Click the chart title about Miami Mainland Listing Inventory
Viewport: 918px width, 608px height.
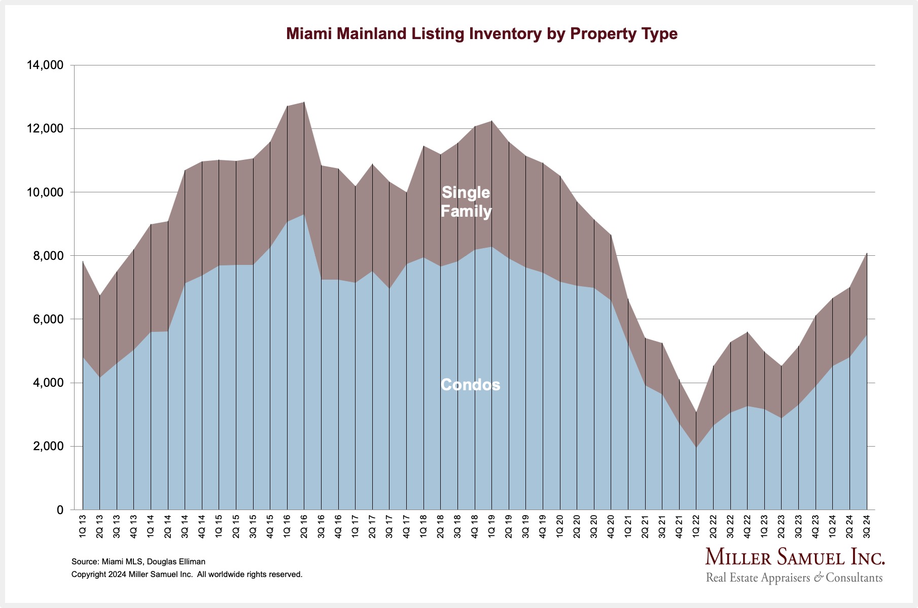tap(482, 34)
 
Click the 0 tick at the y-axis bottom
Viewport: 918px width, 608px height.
tap(60, 510)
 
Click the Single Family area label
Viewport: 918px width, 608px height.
tap(466, 201)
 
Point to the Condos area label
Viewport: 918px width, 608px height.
tap(471, 385)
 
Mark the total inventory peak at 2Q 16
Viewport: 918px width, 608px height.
tap(304, 102)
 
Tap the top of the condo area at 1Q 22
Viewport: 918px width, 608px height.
tap(696, 447)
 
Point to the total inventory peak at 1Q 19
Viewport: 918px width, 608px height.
tap(491, 121)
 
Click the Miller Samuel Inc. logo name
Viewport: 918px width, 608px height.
tap(795, 557)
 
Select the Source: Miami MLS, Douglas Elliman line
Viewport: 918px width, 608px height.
tap(138, 562)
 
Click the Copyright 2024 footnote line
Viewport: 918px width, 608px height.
tap(187, 575)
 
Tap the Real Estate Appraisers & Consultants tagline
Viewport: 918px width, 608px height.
tap(794, 578)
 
